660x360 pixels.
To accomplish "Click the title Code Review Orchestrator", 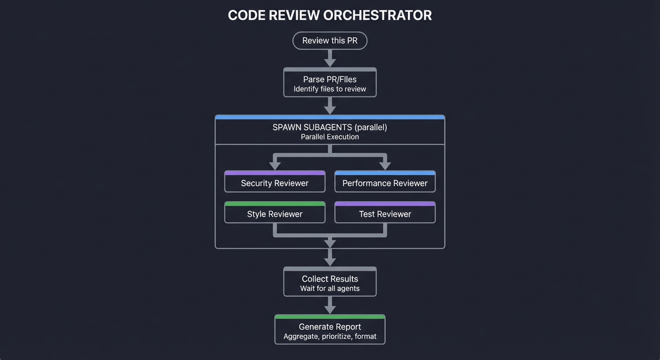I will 330,15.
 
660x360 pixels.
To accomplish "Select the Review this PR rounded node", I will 330,41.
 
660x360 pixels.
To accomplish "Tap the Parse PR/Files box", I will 330,83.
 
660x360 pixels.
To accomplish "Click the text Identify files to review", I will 330,89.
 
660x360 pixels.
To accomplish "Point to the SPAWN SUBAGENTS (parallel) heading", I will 330,127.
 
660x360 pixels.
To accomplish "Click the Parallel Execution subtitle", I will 330,137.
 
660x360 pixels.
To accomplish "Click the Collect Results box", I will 330,282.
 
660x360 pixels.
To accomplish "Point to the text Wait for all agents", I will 330,288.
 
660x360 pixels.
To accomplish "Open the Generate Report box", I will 330,330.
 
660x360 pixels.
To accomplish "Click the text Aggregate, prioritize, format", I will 330,337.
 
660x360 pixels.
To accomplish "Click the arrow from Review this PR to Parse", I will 330,59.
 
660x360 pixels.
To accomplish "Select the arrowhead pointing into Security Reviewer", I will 275,165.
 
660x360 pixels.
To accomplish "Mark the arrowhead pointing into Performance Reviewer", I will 385,165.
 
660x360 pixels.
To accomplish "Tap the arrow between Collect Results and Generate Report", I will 330,305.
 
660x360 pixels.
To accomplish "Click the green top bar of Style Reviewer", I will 275,204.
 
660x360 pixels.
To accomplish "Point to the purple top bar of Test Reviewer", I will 385,204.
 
